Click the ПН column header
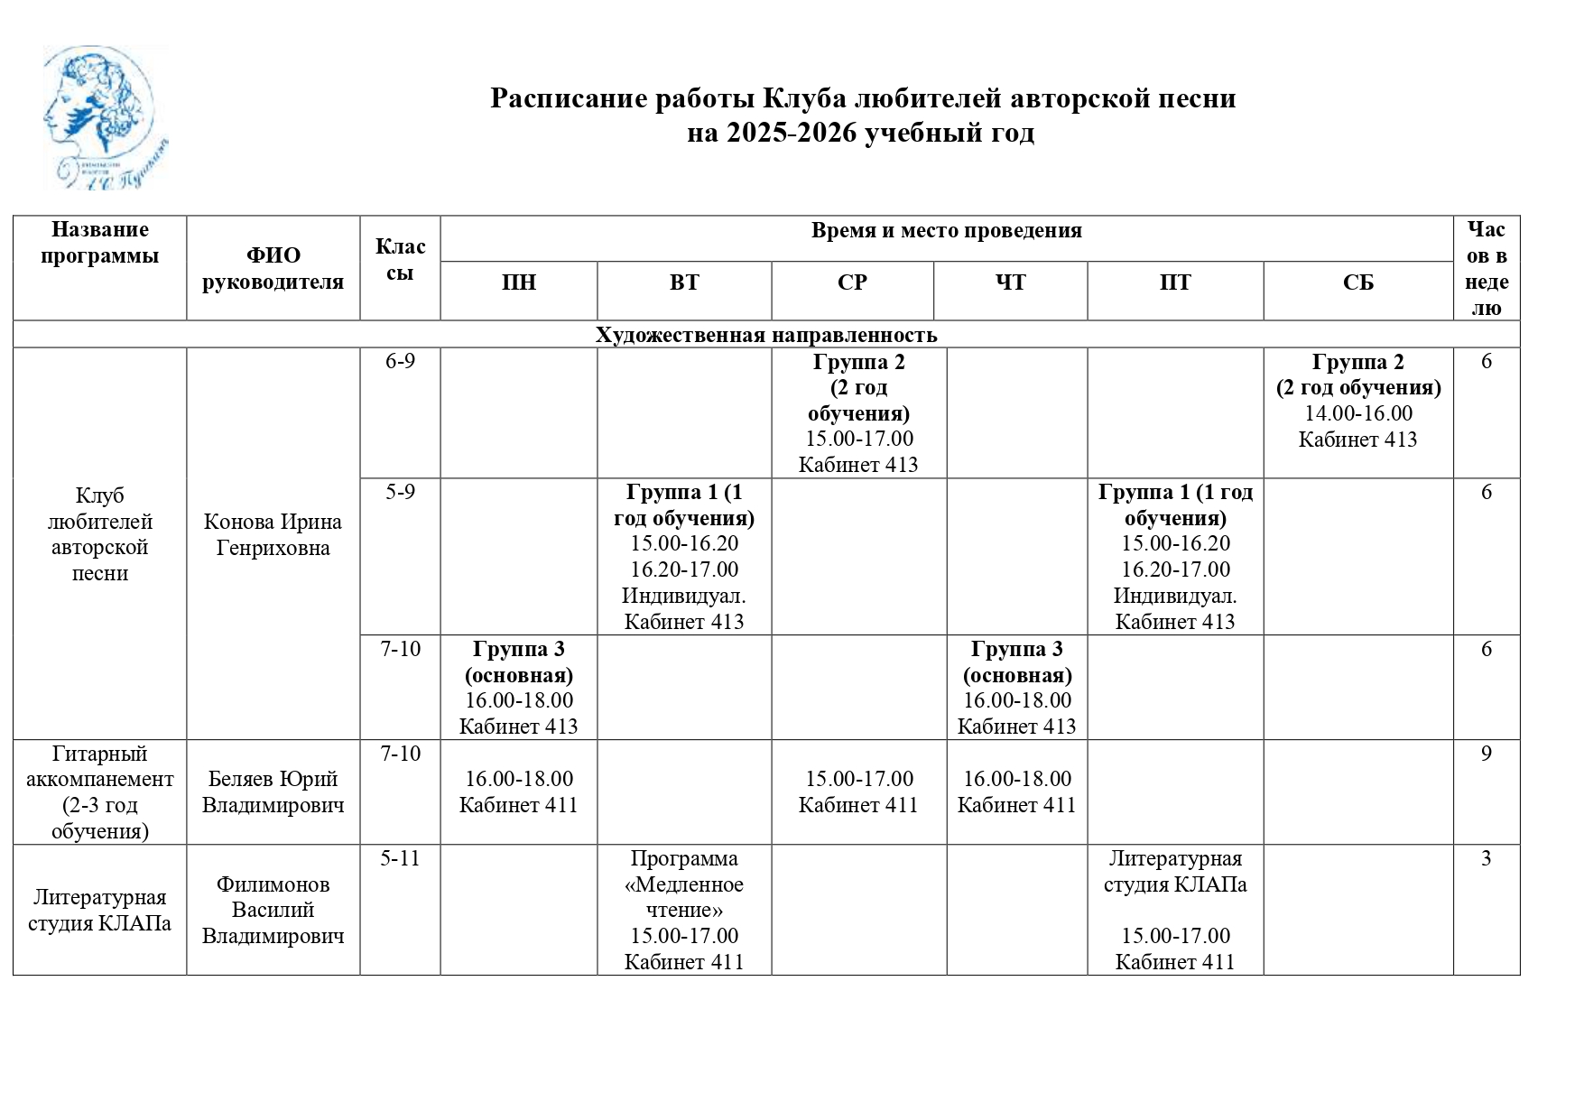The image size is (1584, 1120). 518,283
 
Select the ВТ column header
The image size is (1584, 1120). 683,283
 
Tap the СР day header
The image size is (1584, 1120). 851,283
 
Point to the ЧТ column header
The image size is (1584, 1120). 1010,283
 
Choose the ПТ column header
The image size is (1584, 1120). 1174,283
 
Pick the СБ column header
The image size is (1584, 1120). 1357,283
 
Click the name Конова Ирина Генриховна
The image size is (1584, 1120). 273,535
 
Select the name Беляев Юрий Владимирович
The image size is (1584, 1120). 273,791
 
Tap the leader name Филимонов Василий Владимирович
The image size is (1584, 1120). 273,910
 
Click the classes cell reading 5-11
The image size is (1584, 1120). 400,858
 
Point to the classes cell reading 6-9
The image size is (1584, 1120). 400,362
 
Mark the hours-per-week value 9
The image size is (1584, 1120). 1486,754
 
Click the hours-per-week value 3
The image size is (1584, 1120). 1486,858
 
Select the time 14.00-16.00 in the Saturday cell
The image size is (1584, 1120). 1358,413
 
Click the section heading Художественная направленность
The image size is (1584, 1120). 765,335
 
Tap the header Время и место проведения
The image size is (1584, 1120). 946,231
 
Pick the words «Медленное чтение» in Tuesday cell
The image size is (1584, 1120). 683,897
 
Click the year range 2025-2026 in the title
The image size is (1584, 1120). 791,134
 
